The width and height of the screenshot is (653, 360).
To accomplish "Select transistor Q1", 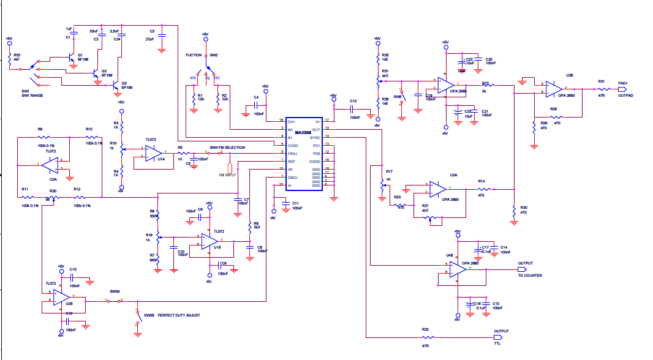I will tap(70, 58).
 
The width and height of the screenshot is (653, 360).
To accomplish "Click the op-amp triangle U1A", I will tap(153, 152).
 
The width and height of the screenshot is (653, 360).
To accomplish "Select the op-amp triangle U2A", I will tap(53, 165).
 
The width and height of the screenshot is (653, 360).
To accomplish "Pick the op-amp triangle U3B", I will tap(553, 89).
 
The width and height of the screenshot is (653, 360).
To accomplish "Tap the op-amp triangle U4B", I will tap(458, 269).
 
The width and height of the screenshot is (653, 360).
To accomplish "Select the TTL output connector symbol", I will tap(497, 337).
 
